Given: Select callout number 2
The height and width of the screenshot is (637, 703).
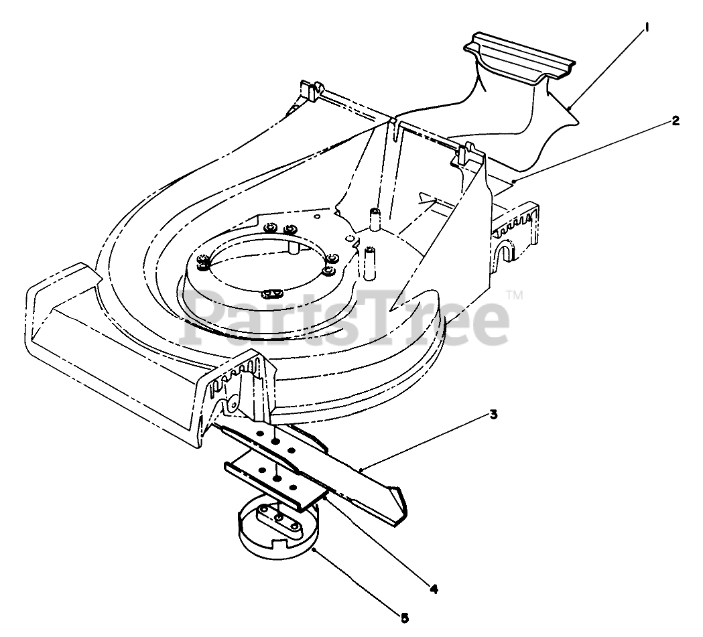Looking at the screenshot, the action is click(676, 121).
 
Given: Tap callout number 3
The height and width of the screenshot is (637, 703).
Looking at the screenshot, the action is click(493, 415).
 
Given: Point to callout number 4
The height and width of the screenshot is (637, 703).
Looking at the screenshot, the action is click(434, 589).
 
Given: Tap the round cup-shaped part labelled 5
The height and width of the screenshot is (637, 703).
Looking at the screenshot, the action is click(278, 536).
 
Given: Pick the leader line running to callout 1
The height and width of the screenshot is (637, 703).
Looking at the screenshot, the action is click(606, 68).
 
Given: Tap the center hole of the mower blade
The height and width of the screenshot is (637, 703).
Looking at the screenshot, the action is click(275, 444).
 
